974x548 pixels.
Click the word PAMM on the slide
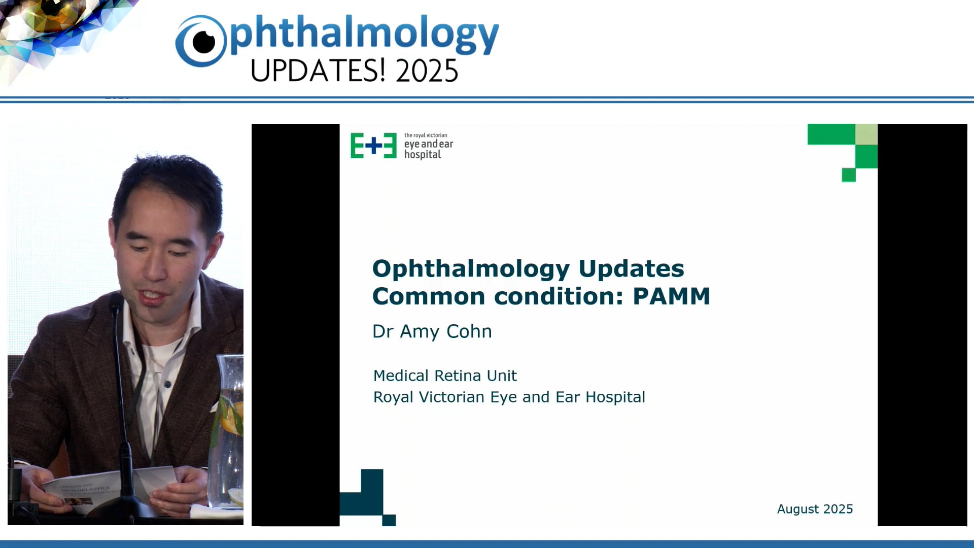tap(671, 296)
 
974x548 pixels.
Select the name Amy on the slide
tap(420, 332)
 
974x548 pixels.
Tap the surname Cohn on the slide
tap(469, 331)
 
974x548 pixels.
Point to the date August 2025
tap(815, 509)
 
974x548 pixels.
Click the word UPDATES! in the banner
tap(318, 71)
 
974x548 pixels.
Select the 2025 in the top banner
tap(427, 71)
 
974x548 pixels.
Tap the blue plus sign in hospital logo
tap(374, 146)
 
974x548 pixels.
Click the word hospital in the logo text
tap(423, 155)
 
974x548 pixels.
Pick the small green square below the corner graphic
tap(849, 175)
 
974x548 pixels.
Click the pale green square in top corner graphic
tap(866, 134)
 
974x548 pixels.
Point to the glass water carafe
tap(229, 431)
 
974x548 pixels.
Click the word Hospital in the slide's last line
tap(615, 397)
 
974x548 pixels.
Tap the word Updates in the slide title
tap(631, 269)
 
